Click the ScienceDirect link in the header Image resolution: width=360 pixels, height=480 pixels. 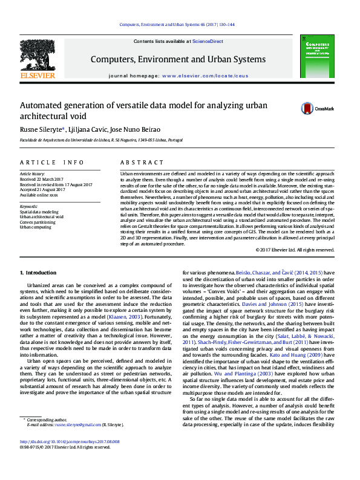click(x=208, y=41)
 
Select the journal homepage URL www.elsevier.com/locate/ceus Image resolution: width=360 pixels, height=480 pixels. click(x=205, y=76)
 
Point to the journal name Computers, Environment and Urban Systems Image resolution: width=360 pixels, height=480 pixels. click(x=178, y=59)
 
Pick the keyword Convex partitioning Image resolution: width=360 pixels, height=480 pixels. click(x=37, y=222)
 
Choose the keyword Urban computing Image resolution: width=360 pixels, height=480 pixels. click(x=34, y=227)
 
